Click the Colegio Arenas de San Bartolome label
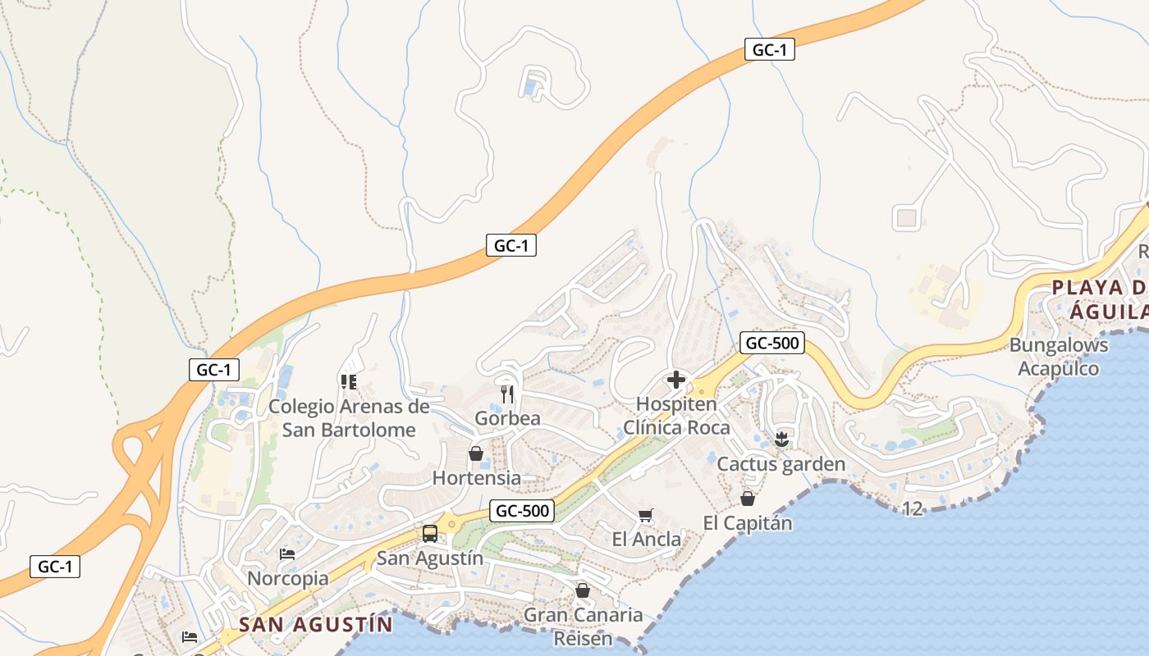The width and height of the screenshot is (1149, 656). tap(349, 418)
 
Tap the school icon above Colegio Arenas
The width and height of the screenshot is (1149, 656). tap(349, 382)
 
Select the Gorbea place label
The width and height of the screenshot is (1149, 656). tap(507, 418)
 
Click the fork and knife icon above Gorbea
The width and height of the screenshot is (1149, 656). tap(507, 394)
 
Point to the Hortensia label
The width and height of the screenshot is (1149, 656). tap(476, 477)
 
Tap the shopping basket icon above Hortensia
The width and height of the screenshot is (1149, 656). tap(476, 453)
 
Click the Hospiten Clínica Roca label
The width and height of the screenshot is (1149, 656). tap(676, 416)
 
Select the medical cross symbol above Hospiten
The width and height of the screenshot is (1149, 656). tap(676, 380)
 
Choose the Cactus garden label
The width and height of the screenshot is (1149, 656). tap(780, 464)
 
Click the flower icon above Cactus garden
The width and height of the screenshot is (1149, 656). tap(781, 440)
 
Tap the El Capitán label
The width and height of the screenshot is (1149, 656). tap(748, 522)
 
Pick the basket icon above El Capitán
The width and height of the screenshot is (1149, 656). tap(748, 499)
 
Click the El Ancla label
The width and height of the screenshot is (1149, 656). tap(647, 539)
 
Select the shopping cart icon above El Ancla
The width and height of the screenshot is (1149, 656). tap(646, 515)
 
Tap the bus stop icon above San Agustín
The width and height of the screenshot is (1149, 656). tap(430, 534)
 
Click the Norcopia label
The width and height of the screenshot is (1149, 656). tap(287, 578)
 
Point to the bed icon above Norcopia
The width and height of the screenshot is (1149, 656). tap(287, 554)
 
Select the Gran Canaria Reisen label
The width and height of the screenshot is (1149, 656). tap(583, 626)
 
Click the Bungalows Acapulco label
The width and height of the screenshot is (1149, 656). tap(1058, 357)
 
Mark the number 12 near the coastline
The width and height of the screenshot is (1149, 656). tap(912, 509)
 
